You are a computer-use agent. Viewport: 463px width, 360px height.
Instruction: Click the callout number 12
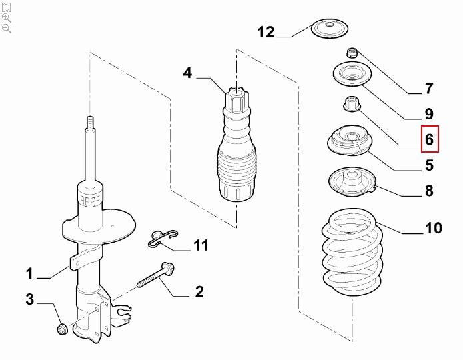[x=266, y=32]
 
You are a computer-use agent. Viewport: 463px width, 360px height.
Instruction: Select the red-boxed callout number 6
[x=430, y=139]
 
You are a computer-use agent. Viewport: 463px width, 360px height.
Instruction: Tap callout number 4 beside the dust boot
[x=187, y=73]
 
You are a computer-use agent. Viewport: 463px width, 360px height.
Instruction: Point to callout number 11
[x=201, y=245]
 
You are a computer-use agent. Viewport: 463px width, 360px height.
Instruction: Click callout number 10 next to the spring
[x=434, y=228]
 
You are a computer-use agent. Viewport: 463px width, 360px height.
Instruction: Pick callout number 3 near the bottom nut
[x=30, y=299]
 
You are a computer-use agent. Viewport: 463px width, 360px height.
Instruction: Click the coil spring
[x=352, y=252]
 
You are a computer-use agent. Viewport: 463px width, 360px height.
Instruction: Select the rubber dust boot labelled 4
[x=236, y=145]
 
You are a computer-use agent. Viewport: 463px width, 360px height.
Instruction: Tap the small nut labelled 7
[x=352, y=53]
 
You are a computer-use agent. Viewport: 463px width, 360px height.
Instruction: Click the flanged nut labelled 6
[x=351, y=104]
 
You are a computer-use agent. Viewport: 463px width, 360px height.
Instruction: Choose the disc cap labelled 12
[x=330, y=29]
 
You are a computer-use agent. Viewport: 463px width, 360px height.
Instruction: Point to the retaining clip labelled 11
[x=163, y=238]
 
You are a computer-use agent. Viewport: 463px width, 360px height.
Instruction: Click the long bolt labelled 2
[x=156, y=275]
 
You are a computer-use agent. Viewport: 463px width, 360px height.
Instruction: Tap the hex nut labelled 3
[x=62, y=329]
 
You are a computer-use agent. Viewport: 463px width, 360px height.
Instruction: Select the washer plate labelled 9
[x=352, y=75]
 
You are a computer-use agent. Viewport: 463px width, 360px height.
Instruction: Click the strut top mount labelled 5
[x=350, y=140]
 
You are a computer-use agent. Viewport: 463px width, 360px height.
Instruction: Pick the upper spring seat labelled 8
[x=352, y=183]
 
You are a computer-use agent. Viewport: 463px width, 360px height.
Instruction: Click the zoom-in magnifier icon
[x=6, y=18]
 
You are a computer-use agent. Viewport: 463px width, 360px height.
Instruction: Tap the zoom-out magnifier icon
[x=6, y=29]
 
